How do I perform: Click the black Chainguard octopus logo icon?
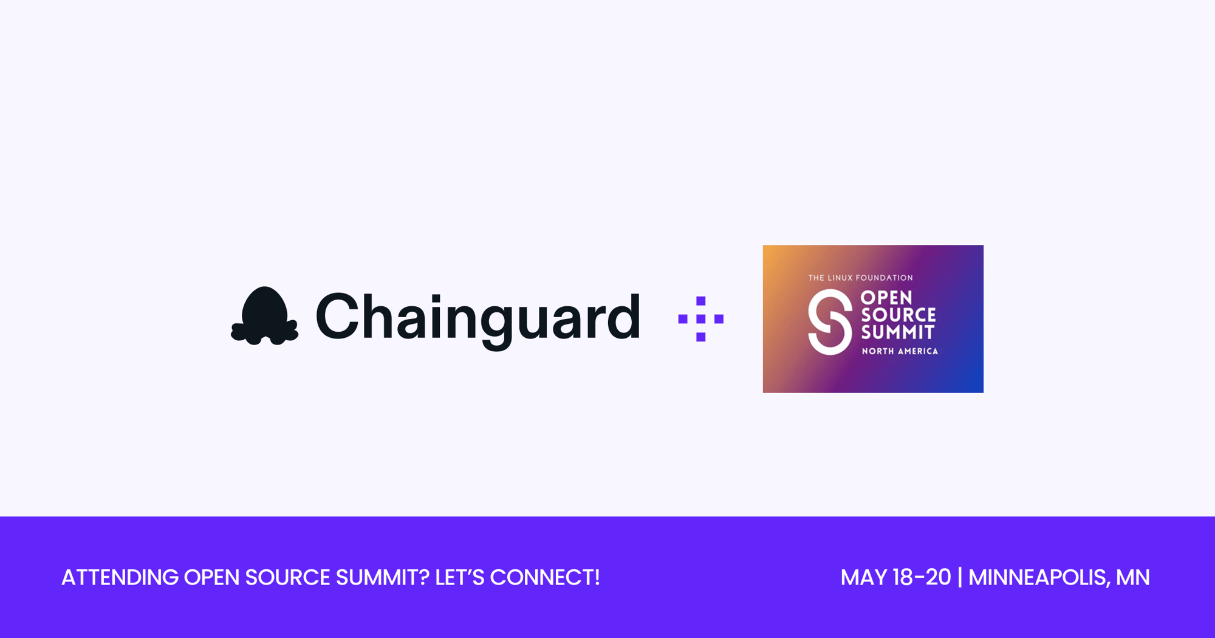pos(264,316)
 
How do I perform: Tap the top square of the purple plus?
pos(700,301)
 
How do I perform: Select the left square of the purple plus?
pos(683,319)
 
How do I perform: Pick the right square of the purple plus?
pos(719,319)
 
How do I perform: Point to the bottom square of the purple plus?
pos(700,337)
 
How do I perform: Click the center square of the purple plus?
pos(700,319)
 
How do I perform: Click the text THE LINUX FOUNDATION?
pos(860,278)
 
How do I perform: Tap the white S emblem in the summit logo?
pos(830,322)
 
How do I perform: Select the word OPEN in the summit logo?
pos(887,298)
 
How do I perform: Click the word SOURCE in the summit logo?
pos(898,315)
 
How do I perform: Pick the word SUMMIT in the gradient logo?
pos(898,332)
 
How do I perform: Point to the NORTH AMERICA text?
pos(900,351)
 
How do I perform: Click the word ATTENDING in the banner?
pos(120,577)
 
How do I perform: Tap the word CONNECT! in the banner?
pos(545,577)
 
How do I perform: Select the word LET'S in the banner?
pos(460,577)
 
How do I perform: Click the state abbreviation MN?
pos(1133,577)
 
